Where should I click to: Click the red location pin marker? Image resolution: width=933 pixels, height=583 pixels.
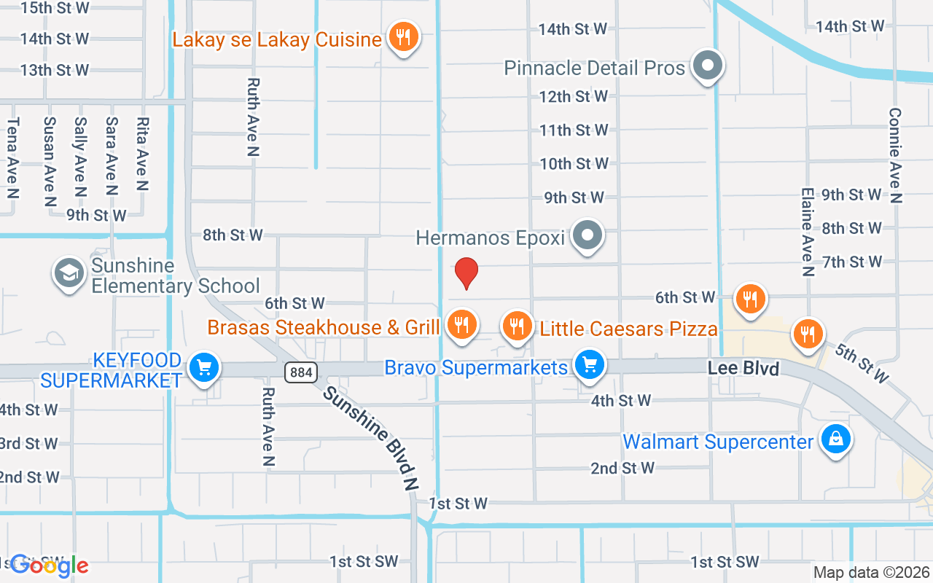coord(466,273)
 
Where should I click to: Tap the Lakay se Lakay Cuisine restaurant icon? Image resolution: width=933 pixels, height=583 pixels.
coord(402,36)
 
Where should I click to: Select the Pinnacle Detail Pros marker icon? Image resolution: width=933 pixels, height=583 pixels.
coord(706,66)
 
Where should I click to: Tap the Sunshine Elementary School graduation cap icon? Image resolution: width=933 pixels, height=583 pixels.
coord(69,273)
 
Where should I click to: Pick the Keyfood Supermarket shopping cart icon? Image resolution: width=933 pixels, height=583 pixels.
coord(203,367)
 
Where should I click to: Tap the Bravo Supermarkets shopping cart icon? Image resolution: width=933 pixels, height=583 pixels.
coord(589,364)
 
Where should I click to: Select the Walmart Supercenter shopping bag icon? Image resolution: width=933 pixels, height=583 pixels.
coord(836,439)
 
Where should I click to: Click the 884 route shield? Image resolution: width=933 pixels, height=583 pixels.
coord(300,373)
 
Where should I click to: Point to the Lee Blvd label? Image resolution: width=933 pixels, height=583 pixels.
coord(743,368)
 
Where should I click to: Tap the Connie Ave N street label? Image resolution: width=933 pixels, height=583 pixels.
coord(895,155)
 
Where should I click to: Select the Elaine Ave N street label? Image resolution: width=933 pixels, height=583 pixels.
coord(807,232)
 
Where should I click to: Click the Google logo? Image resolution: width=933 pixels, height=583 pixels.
coord(50,565)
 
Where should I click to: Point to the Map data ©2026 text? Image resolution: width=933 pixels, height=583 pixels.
coord(871,573)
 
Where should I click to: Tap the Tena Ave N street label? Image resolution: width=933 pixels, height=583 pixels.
coord(12,157)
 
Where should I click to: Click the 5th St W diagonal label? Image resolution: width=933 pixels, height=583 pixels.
coord(862,362)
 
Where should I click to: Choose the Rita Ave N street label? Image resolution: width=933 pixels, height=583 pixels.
coord(143,154)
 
